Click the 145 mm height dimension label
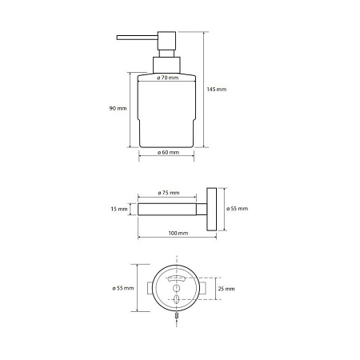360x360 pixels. click(217, 90)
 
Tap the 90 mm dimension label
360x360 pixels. click(118, 109)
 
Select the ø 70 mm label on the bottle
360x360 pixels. click(167, 78)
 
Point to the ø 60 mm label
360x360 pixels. click(168, 153)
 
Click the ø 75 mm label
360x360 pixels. click(169, 193)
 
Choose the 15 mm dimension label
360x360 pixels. click(119, 209)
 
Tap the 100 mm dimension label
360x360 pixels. click(178, 234)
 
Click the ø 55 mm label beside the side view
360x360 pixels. click(237, 209)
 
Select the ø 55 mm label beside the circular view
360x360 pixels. click(123, 288)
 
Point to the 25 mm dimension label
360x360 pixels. click(226, 289)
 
